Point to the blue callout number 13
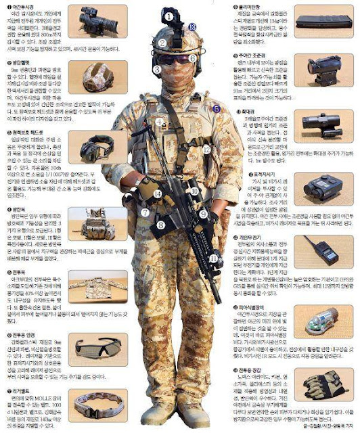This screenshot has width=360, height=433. [x=193, y=26]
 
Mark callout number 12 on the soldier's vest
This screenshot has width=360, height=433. [x=206, y=148]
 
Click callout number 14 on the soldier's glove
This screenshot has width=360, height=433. [x=156, y=193]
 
